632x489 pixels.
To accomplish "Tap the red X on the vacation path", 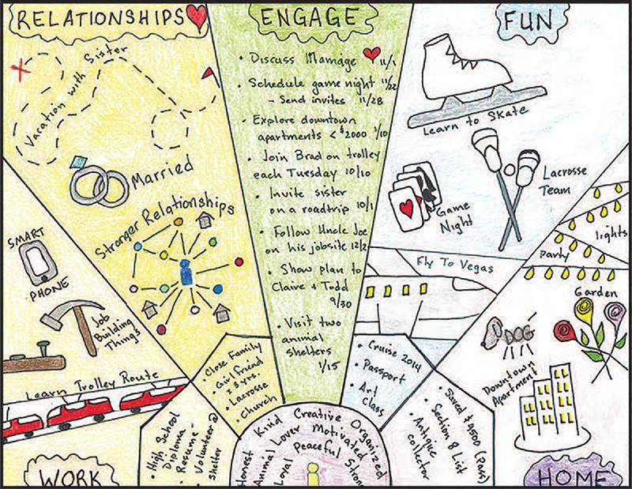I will [x=18, y=70].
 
